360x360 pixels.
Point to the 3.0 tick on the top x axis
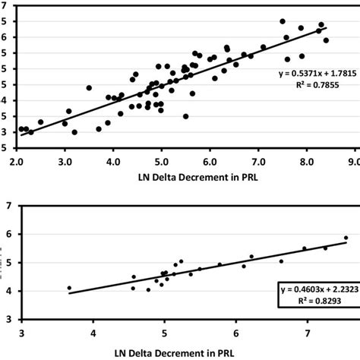click(65, 161)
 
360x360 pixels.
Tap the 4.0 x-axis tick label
click(113, 161)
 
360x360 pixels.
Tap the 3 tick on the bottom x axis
click(21, 333)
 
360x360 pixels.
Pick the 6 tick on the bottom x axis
click(236, 333)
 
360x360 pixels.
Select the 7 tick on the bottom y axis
click(8, 206)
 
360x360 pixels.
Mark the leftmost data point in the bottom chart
click(69, 288)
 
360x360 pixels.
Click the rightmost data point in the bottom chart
click(346, 238)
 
